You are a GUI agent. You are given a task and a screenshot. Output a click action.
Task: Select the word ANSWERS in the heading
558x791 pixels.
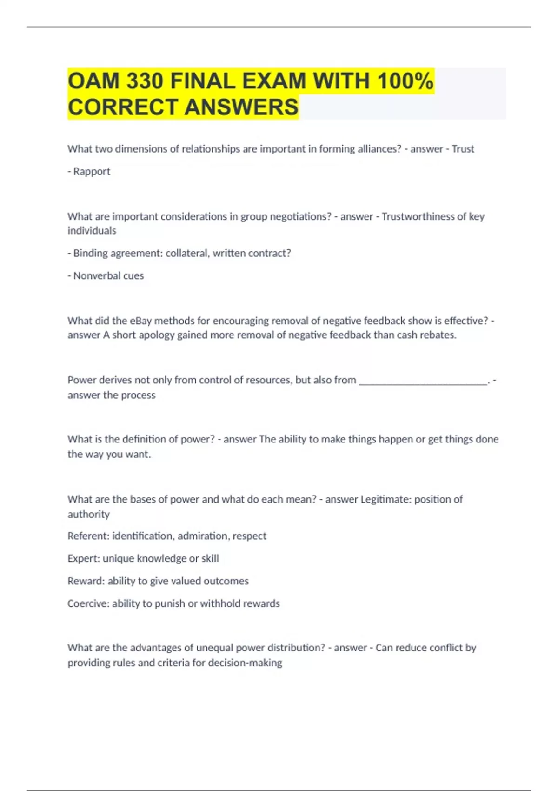(241, 107)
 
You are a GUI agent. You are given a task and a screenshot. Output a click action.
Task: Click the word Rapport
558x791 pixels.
(92, 171)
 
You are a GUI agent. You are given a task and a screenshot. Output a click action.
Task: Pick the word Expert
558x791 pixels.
(83, 558)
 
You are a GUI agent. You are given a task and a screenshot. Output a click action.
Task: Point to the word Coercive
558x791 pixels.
(88, 603)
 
